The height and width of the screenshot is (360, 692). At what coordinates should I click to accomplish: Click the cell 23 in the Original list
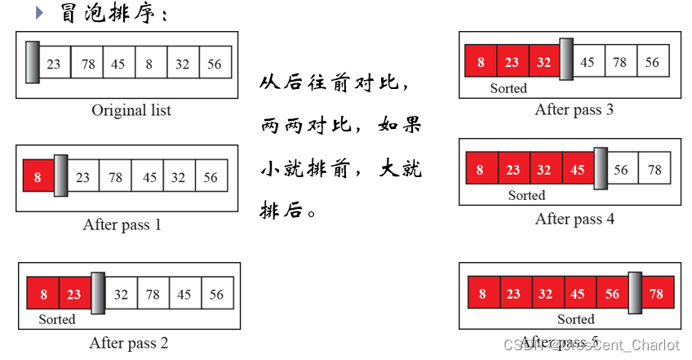[54, 64]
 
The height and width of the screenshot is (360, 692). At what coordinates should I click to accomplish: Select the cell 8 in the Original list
[150, 64]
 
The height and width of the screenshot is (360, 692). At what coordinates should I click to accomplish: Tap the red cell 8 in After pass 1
[38, 176]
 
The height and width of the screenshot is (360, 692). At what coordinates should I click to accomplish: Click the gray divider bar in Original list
[32, 62]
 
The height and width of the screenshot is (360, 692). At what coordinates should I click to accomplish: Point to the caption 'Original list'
[131, 110]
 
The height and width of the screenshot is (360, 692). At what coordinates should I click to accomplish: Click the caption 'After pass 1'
[122, 224]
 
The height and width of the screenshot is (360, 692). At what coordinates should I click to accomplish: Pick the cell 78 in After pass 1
[116, 176]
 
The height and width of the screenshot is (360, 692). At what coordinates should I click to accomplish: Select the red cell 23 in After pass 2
[73, 294]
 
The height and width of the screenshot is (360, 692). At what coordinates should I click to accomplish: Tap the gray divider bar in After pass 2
[98, 292]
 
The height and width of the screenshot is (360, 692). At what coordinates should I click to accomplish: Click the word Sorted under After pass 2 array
[57, 319]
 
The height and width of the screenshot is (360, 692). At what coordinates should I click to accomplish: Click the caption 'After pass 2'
[129, 343]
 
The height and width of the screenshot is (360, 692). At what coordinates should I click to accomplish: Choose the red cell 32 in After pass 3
[544, 62]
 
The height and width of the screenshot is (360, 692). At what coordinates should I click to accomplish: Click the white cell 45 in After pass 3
[587, 62]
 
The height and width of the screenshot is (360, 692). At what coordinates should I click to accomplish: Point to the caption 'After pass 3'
[574, 109]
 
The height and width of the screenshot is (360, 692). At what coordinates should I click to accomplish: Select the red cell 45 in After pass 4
[578, 170]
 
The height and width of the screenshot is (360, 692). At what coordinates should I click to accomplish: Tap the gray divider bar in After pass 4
[601, 168]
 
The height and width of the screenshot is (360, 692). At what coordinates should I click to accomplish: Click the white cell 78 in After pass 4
[654, 170]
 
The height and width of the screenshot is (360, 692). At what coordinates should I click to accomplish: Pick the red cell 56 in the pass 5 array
[612, 294]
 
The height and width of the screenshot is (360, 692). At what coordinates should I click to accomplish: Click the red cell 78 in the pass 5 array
[656, 294]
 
